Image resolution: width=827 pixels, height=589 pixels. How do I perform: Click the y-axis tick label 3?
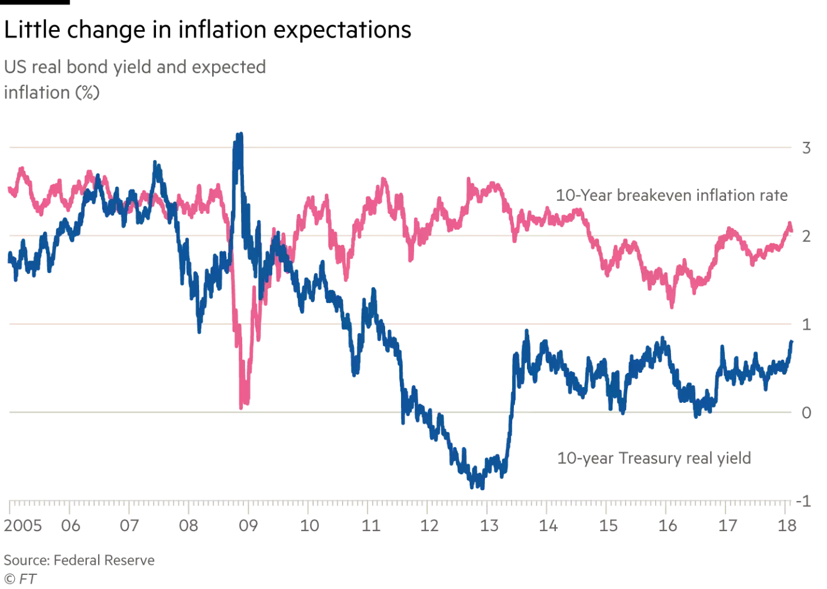click(x=806, y=148)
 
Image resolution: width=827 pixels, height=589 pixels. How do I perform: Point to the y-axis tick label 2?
click(x=806, y=236)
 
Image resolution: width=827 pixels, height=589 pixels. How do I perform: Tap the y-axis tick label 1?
click(x=806, y=324)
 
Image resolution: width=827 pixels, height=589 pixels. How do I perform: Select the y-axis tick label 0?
click(x=806, y=412)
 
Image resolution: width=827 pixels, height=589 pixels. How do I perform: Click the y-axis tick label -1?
click(x=803, y=501)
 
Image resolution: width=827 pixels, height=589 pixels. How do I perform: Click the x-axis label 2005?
click(x=23, y=525)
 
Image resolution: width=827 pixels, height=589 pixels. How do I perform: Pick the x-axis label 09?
click(x=248, y=525)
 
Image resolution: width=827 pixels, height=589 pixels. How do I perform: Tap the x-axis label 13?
click(x=489, y=525)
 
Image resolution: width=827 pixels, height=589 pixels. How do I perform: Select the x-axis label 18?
click(x=787, y=525)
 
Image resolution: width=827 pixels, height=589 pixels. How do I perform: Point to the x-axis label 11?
click(x=370, y=525)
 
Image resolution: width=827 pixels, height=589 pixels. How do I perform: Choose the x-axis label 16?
click(x=668, y=525)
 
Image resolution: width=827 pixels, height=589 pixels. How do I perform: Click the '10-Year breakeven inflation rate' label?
click(x=672, y=196)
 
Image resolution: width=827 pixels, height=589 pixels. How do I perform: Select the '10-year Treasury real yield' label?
click(x=654, y=458)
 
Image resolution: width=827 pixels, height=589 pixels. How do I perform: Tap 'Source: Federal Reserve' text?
click(x=79, y=560)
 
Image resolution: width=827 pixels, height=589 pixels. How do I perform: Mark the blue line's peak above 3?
click(x=240, y=135)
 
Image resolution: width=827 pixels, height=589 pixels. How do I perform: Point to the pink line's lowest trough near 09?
click(x=241, y=407)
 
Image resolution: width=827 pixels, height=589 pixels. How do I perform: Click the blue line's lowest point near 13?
click(x=483, y=487)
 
